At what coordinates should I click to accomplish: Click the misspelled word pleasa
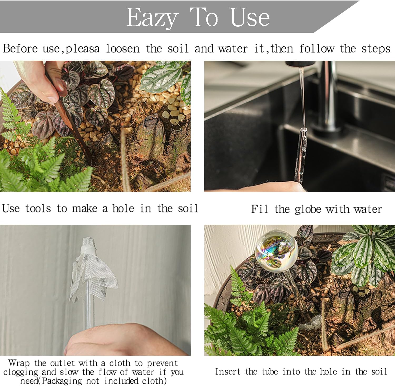point(82,49)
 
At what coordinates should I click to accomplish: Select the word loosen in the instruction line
point(123,49)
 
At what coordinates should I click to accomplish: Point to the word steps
point(376,49)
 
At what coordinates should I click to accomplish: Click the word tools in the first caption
point(38,209)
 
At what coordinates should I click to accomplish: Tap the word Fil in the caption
point(259,209)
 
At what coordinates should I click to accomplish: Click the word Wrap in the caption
point(19,363)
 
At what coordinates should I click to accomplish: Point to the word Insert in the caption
point(228,372)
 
